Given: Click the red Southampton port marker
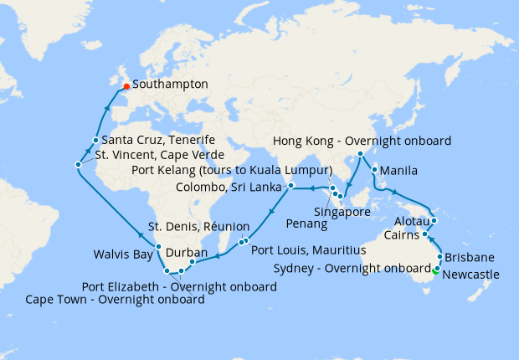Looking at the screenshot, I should tap(126, 85).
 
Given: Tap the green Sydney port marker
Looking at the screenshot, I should tap(435, 269).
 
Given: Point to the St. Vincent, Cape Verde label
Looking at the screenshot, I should tap(159, 155).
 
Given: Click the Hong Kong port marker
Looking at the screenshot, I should tap(360, 154).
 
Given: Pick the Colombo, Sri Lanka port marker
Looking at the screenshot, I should tap(290, 185).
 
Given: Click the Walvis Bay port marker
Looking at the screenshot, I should tap(158, 247).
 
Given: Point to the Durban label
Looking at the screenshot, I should tap(188, 252).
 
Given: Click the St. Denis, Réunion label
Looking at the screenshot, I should tap(198, 226).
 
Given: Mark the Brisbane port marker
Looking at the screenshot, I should tap(439, 257).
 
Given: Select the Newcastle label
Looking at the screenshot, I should tap(472, 274).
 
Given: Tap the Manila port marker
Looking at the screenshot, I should tap(373, 170).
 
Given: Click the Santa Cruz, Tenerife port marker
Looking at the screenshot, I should tap(96, 140).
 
